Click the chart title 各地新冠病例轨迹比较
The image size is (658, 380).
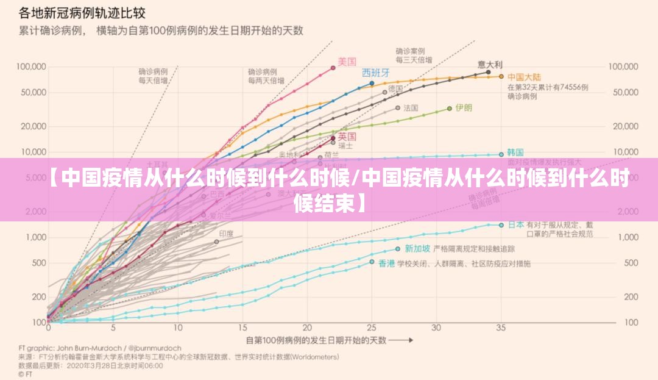click(85, 12)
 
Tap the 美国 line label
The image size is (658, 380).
click(347, 61)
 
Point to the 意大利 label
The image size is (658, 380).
click(490, 64)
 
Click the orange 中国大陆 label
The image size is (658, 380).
click(524, 77)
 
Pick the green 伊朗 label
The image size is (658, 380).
click(464, 107)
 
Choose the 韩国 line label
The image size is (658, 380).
click(515, 152)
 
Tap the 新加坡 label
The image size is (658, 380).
click(417, 248)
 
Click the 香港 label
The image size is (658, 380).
click(386, 263)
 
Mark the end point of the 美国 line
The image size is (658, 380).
click(333, 68)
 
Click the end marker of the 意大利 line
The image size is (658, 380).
click(489, 72)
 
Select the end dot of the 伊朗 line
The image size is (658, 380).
click(450, 108)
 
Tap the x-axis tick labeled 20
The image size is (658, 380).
click(306, 328)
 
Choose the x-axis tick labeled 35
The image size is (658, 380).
click(501, 328)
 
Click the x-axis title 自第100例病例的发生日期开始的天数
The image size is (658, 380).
click(317, 340)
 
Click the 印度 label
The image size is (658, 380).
click(226, 234)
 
